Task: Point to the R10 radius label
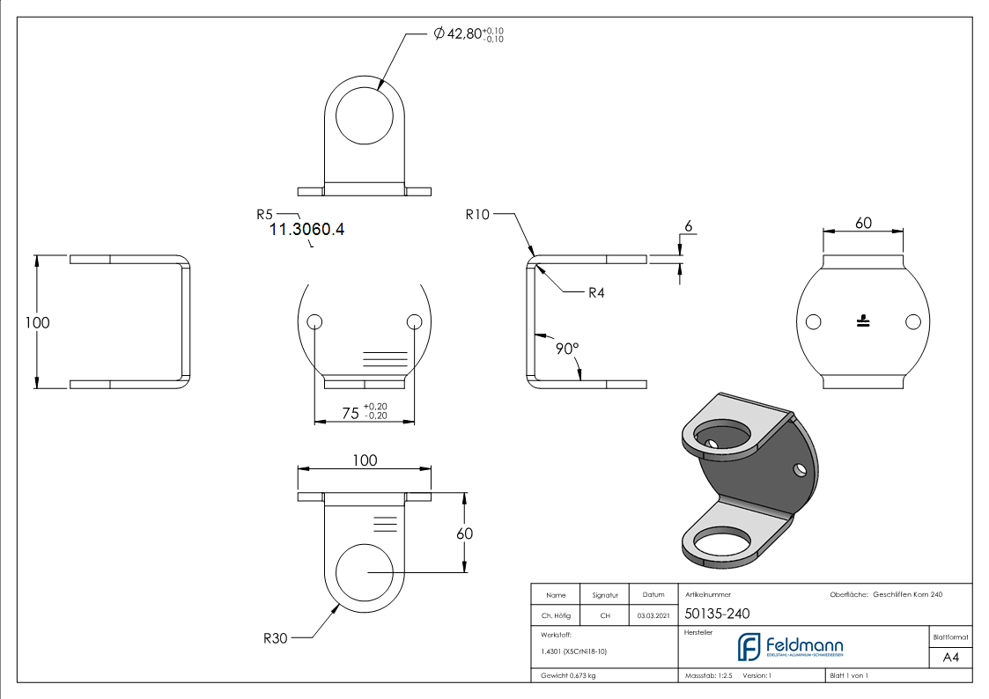click(478, 214)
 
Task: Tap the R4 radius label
click(597, 292)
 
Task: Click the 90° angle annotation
click(567, 349)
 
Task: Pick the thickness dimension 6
click(688, 226)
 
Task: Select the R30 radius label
click(275, 637)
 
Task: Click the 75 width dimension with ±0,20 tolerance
click(361, 412)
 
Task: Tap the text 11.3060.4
click(306, 230)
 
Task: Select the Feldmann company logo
click(789, 647)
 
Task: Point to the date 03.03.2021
click(653, 615)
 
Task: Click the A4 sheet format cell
click(951, 658)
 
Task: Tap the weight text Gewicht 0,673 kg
click(568, 675)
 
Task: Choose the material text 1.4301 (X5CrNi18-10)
click(574, 651)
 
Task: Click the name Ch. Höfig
click(556, 615)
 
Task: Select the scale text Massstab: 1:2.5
click(709, 675)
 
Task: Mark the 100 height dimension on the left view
click(38, 323)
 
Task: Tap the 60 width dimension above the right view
click(863, 223)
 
